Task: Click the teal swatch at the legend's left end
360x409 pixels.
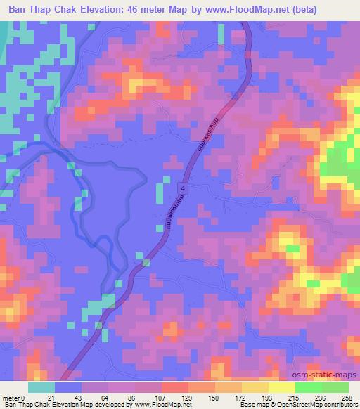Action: pos(41,387)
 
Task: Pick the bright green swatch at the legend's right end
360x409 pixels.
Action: pos(335,387)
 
